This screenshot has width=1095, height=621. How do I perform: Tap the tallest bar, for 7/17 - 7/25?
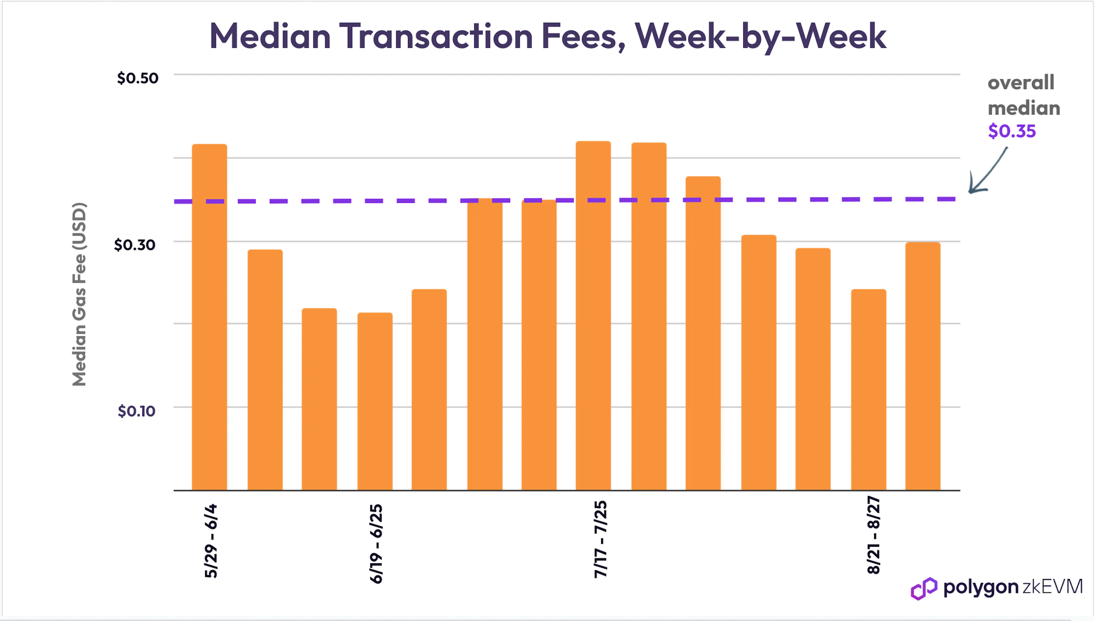tap(593, 316)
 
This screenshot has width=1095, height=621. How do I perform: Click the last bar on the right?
tap(923, 366)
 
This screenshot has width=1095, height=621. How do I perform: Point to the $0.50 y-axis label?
tap(138, 78)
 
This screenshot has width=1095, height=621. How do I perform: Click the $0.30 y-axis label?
tap(135, 245)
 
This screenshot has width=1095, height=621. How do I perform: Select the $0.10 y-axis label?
tap(136, 411)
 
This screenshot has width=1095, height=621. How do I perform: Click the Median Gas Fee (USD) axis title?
tap(79, 294)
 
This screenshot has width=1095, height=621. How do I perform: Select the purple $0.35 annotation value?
tap(1012, 131)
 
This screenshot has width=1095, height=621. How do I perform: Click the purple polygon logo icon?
tap(924, 589)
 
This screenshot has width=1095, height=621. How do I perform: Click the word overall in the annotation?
tap(1021, 82)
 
